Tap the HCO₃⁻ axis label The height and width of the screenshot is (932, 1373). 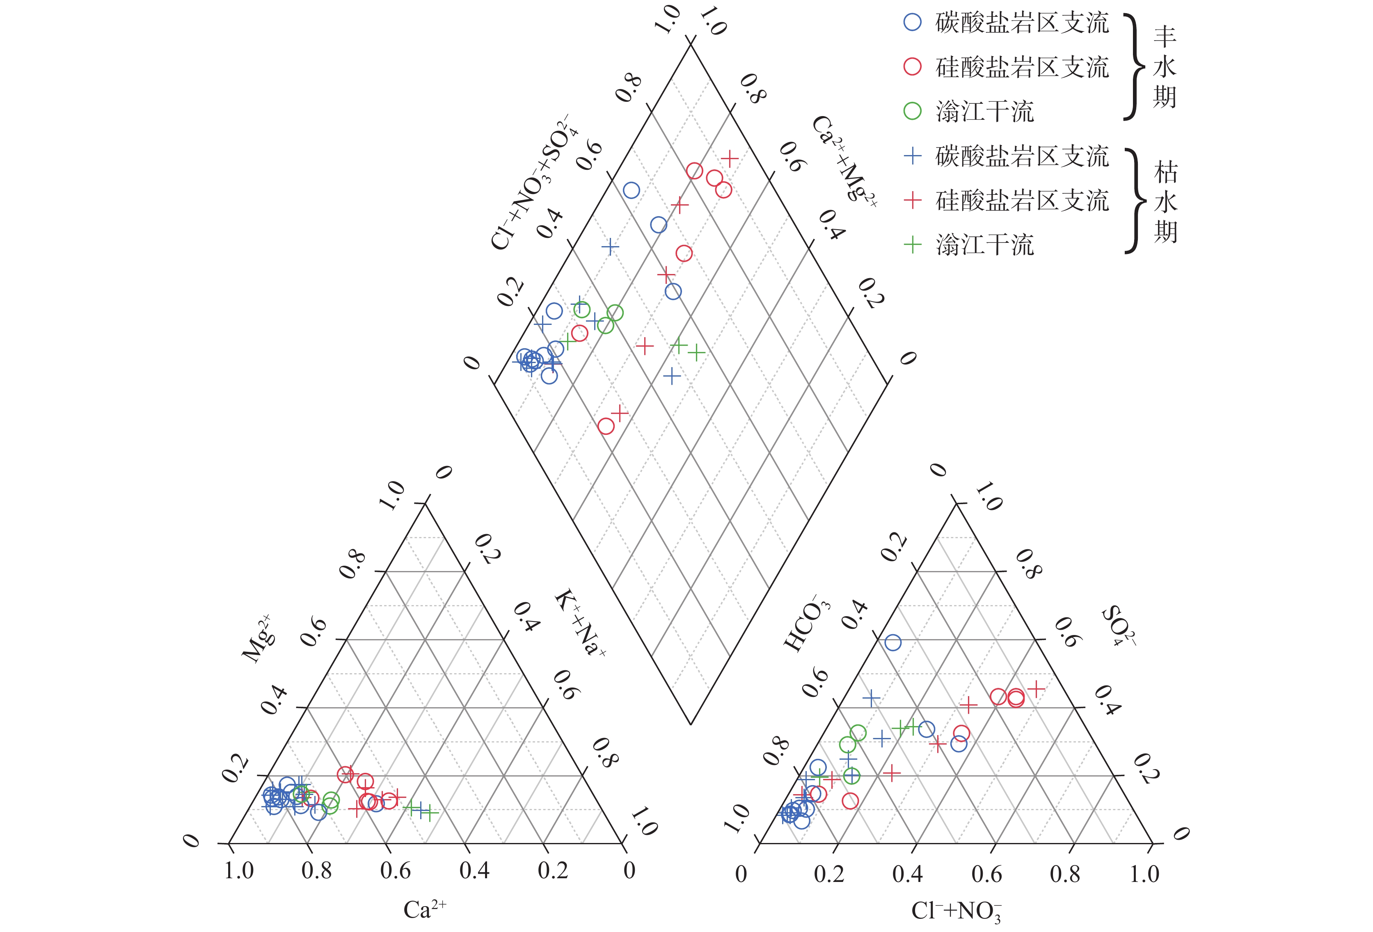[807, 623]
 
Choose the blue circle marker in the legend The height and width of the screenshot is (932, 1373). [913, 23]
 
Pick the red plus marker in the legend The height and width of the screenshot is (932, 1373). [913, 200]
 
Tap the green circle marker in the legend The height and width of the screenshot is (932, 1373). [913, 111]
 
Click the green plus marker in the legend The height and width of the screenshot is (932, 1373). [913, 244]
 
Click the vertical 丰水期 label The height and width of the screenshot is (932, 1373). [1165, 67]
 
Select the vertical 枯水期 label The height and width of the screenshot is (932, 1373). [1165, 201]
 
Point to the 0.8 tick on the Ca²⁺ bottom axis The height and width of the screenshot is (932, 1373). [317, 870]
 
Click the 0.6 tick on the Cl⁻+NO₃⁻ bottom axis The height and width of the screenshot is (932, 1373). [986, 873]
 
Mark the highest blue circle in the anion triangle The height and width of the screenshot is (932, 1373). [892, 642]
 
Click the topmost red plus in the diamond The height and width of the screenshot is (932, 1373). [730, 158]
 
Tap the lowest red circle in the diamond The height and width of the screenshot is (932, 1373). [606, 426]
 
